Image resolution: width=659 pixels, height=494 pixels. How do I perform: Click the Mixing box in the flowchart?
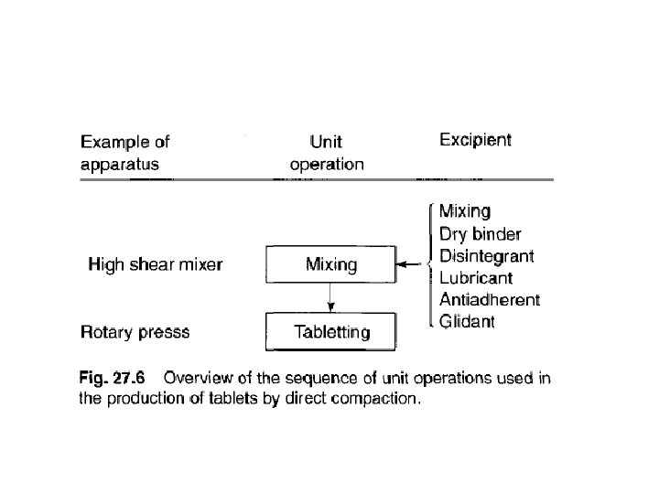coord(330,265)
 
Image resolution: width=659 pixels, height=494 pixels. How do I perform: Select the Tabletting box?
coord(330,331)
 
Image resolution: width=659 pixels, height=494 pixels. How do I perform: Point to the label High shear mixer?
coord(156,265)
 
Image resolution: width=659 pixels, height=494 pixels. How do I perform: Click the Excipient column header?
coord(475,140)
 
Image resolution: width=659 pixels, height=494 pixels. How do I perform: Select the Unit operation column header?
coord(327,154)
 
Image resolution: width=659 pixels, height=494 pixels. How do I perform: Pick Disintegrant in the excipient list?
coord(487,254)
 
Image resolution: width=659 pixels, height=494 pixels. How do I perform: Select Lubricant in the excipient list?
coord(476,277)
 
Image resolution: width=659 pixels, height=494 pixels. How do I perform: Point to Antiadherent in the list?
coord(490,299)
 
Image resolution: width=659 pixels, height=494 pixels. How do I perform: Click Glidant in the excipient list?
coord(468,321)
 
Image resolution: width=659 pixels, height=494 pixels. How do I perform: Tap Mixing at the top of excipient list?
coord(465,211)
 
